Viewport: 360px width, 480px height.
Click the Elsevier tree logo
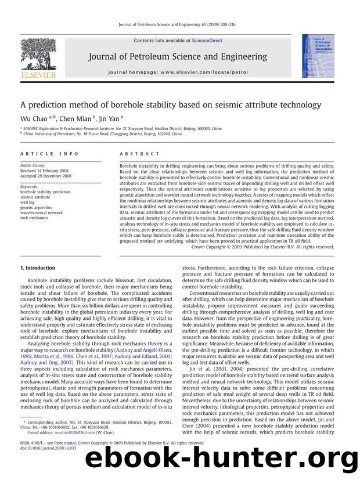pos(37,56)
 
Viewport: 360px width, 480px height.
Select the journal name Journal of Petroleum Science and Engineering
pos(178,57)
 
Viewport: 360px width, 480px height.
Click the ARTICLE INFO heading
pos(44,154)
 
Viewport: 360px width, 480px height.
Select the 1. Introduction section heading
pos(38,268)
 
